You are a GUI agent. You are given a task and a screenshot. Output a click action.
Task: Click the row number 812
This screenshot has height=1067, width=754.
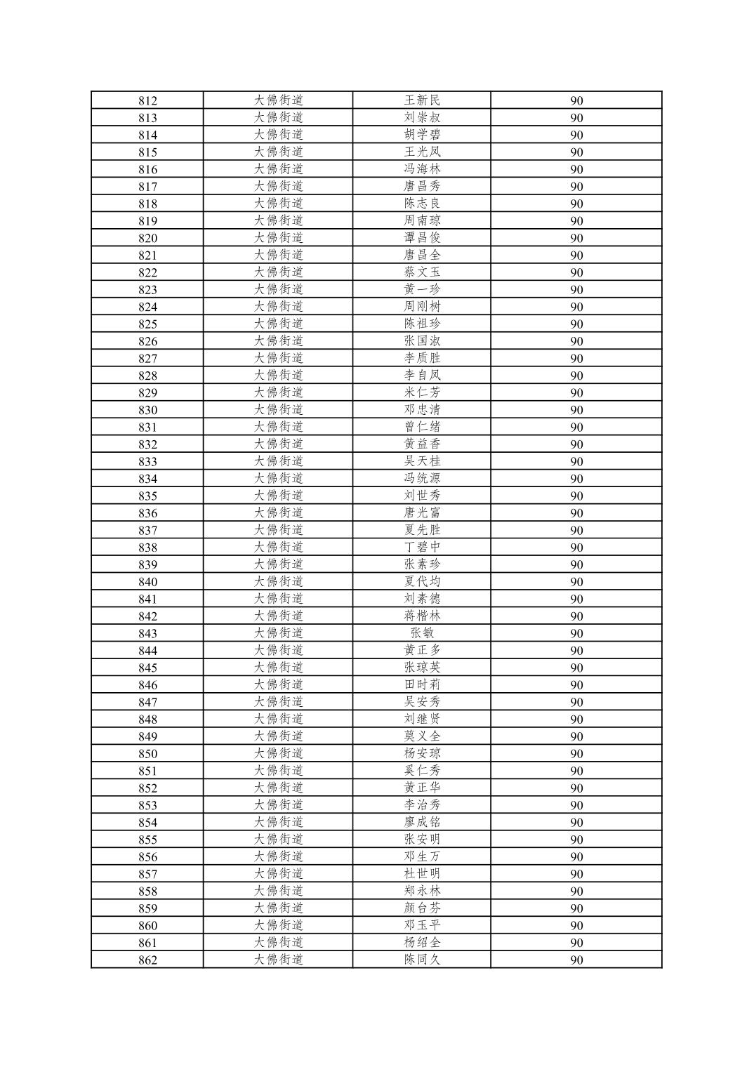147,100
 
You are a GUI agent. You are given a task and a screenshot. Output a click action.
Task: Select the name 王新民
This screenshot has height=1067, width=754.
422,100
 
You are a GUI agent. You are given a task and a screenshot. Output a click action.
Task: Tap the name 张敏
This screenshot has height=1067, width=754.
422,633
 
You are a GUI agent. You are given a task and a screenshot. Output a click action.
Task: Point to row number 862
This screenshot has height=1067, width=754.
147,960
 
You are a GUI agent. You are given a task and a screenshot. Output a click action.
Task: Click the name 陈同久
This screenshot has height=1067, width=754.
422,960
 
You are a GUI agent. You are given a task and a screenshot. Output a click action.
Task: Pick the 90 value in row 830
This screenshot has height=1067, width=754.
576,410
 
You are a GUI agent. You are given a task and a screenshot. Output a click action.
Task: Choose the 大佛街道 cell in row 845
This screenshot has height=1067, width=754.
278,668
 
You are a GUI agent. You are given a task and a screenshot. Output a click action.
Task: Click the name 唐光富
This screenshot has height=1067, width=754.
422,513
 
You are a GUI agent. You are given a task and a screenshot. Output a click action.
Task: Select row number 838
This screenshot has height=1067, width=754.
147,548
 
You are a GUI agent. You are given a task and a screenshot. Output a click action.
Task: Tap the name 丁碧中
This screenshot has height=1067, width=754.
422,548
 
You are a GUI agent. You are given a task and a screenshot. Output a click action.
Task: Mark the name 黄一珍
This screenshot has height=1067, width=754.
422,289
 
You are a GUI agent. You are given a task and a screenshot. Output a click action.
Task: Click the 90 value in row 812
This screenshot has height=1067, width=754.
576,100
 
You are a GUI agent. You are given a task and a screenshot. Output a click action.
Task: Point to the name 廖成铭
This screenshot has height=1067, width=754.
422,822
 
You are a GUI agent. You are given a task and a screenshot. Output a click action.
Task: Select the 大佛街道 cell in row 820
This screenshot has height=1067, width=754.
278,238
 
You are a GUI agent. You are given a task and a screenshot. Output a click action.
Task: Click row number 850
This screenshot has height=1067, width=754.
147,754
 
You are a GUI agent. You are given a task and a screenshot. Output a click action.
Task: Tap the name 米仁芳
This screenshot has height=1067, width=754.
422,392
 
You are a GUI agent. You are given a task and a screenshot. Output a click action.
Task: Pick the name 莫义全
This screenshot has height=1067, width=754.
422,736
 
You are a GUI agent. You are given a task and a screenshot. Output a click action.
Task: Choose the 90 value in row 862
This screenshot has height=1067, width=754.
576,960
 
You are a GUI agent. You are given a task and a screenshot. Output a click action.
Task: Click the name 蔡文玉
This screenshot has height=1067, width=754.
422,272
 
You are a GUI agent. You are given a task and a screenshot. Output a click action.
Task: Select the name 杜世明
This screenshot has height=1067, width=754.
422,874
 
